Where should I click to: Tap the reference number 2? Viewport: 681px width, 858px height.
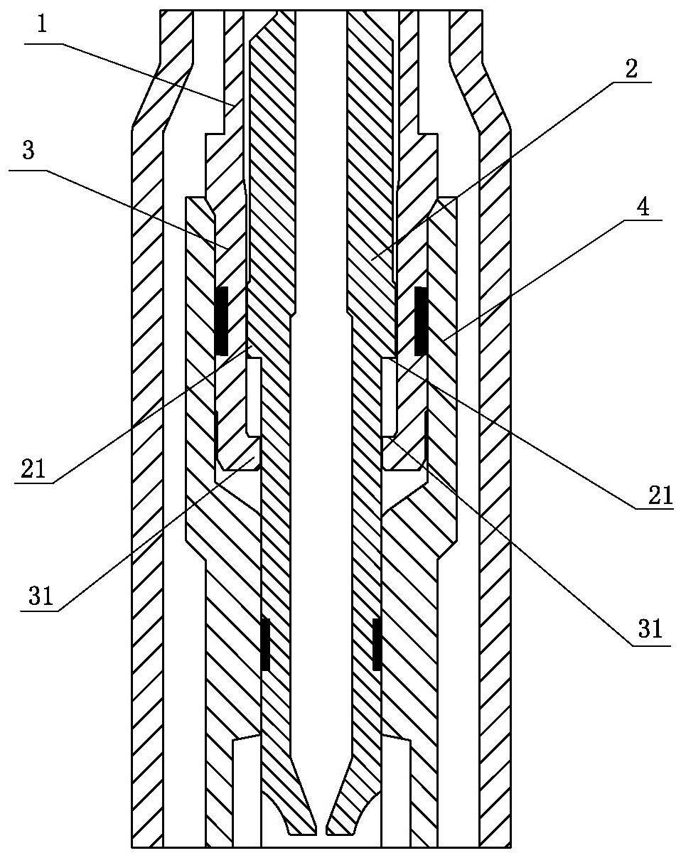[x=631, y=70]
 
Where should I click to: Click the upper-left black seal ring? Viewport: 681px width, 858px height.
[x=221, y=321]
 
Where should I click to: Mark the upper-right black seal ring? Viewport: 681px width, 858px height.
[x=421, y=321]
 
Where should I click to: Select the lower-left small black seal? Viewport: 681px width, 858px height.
[x=265, y=644]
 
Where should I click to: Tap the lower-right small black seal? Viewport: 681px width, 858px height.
[x=377, y=644]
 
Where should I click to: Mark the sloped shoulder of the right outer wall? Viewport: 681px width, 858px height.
[x=480, y=92]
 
